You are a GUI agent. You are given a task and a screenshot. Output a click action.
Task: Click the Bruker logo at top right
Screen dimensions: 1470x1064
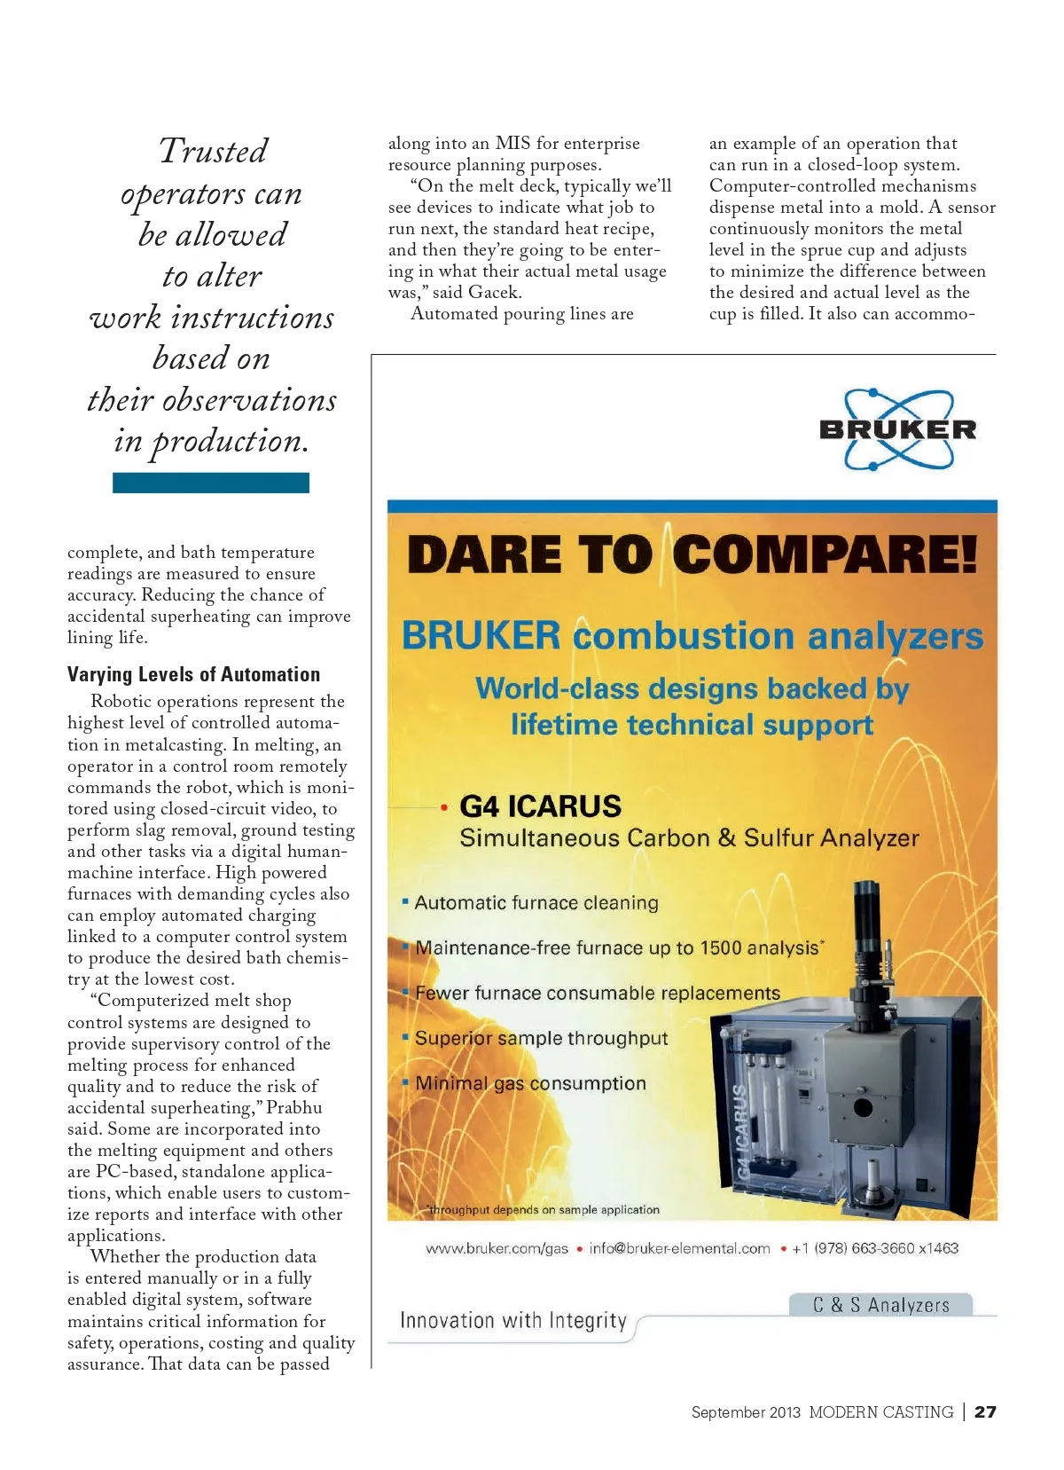897,429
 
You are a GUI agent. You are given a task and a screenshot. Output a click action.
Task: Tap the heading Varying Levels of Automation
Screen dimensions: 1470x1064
193,674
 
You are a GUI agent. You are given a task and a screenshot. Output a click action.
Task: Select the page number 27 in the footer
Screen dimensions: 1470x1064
985,1411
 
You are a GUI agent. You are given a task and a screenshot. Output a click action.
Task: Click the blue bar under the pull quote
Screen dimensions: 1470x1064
211,483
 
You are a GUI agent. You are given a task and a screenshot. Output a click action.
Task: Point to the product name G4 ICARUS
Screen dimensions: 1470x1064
540,806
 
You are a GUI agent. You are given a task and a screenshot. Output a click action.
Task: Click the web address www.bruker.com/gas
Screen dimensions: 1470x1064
497,1248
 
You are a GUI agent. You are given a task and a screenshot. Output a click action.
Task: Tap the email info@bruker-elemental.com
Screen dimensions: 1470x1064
679,1248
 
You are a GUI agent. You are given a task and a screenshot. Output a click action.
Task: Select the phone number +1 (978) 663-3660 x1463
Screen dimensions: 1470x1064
875,1248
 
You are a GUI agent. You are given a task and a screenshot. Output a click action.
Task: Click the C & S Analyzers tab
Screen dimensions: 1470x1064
880,1305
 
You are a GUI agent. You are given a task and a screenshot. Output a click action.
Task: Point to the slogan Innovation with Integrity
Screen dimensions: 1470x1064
513,1320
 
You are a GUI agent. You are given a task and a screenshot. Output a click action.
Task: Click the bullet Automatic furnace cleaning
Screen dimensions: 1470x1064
536,903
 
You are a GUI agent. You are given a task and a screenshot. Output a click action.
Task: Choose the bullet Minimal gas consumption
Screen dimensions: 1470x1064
530,1083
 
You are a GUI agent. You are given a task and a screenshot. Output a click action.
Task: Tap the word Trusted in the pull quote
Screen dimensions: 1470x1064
213,151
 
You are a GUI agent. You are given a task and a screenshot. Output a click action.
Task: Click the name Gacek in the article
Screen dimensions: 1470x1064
494,293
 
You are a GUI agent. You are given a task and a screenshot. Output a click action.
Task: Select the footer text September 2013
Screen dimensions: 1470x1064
746,1412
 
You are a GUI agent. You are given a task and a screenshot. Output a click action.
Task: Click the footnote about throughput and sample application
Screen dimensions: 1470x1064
544,1209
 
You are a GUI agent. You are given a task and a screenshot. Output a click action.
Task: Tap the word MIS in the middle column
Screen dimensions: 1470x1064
512,144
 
